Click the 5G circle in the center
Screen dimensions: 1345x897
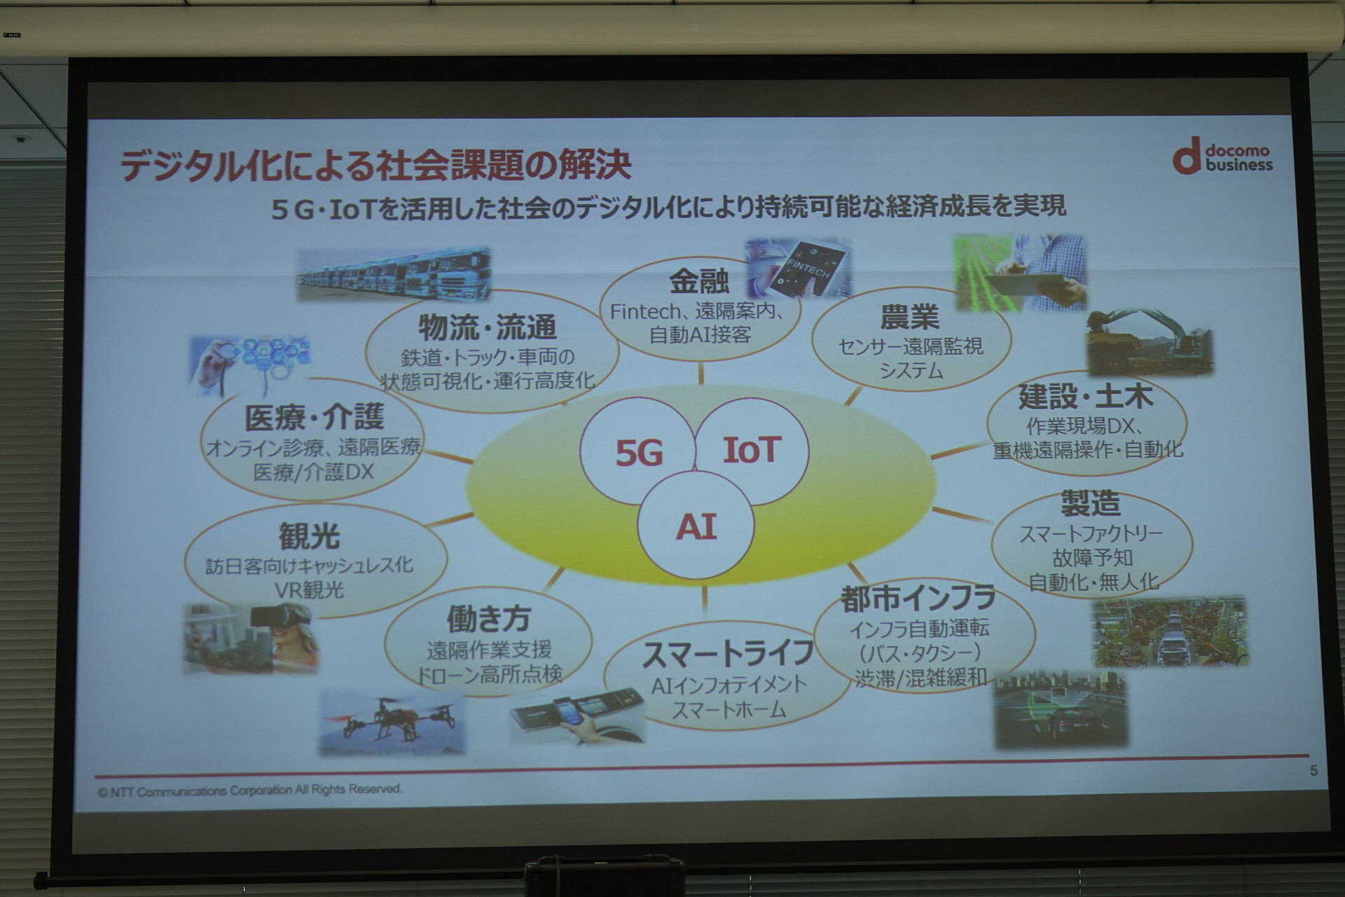point(637,452)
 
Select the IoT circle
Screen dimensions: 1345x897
point(751,451)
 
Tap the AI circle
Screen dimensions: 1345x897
point(696,526)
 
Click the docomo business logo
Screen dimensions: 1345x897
point(1222,156)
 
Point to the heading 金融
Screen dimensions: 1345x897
point(699,282)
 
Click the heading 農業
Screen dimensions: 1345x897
point(910,317)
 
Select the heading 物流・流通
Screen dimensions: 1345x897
point(488,327)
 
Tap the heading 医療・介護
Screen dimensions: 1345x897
point(315,418)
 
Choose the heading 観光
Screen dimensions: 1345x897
point(309,536)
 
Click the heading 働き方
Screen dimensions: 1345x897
point(489,619)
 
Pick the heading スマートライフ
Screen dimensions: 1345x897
point(728,654)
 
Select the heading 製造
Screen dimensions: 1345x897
point(1091,503)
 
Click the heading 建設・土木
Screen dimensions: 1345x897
point(1085,397)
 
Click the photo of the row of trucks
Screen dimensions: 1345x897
point(394,274)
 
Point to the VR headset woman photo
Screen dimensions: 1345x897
point(251,638)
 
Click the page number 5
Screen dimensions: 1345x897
point(1313,771)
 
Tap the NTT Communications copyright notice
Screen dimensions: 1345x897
point(250,790)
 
